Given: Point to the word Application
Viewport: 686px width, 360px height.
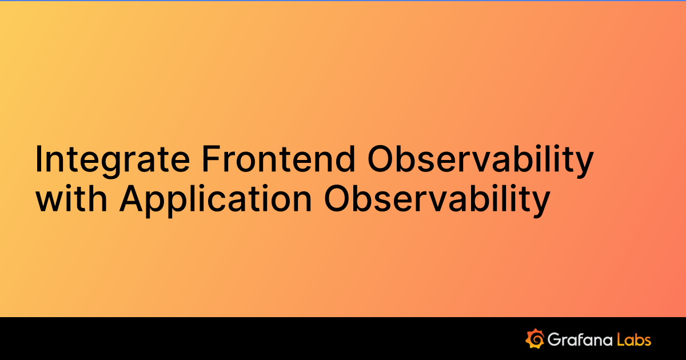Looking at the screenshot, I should pyautogui.click(x=216, y=199).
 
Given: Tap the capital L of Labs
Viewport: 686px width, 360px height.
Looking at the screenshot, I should pyautogui.click(x=620, y=339).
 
